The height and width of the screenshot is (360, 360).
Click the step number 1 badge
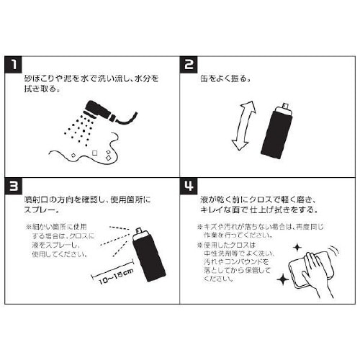(x=14, y=65)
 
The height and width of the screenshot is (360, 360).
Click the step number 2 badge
(x=190, y=65)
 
